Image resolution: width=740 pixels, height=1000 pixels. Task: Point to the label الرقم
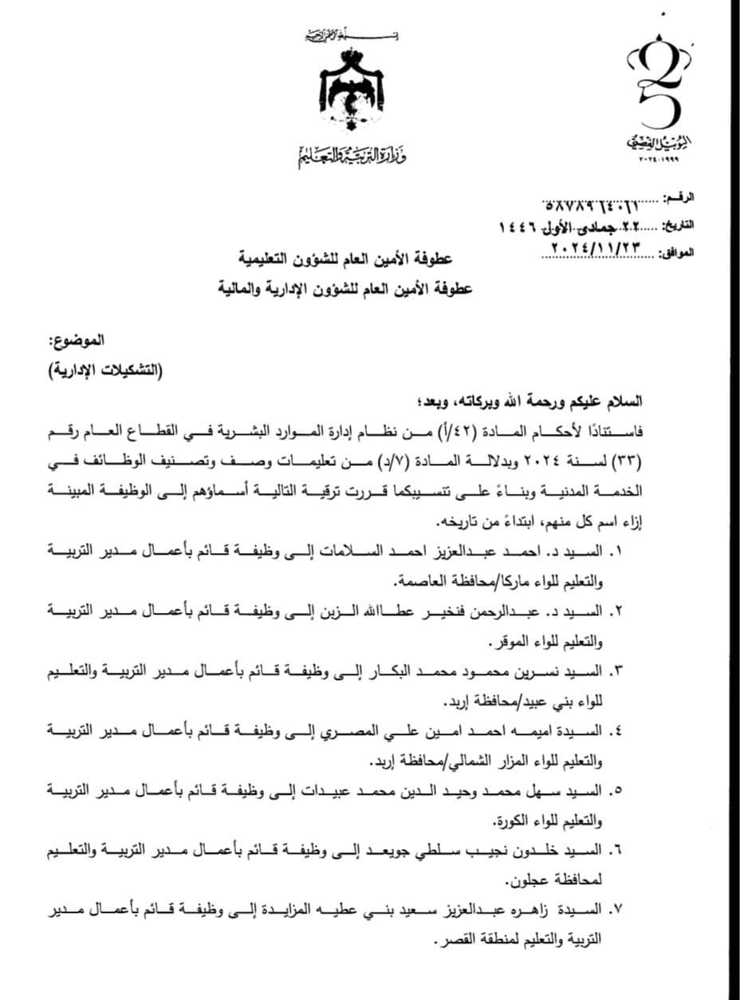[679, 196]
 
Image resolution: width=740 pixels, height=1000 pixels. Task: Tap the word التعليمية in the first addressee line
[259, 260]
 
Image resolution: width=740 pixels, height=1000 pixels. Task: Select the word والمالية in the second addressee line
[241, 287]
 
